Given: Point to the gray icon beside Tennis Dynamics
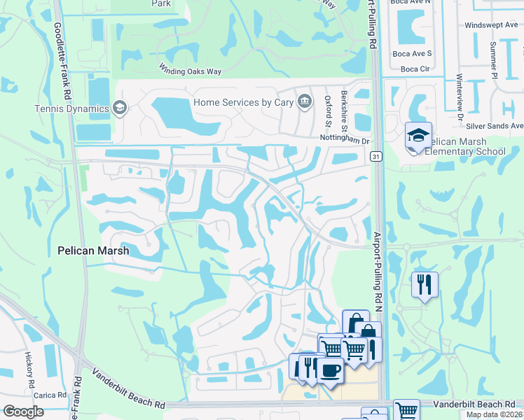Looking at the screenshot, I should click(120, 108).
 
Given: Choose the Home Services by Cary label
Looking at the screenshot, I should click(242, 102).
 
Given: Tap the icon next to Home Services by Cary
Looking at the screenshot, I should click(304, 102).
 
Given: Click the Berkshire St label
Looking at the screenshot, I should click(345, 111).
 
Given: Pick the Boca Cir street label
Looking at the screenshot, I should click(415, 69).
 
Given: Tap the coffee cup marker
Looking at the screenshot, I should click(330, 369).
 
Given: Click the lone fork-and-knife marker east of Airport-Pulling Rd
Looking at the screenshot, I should click(425, 284).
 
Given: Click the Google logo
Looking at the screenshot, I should click(23, 411).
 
